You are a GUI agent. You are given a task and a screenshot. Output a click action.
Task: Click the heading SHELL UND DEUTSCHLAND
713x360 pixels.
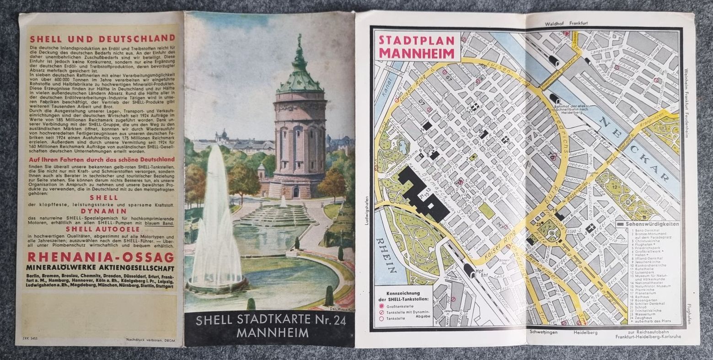click(x=102, y=38)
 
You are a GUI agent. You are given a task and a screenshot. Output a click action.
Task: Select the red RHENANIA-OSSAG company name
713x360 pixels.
click(x=101, y=257)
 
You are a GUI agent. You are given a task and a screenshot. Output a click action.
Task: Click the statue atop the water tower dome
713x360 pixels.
click(x=300, y=41)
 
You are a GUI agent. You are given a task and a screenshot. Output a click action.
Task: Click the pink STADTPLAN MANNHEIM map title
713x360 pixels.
click(x=417, y=47)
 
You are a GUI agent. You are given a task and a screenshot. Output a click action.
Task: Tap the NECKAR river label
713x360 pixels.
click(x=632, y=147)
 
